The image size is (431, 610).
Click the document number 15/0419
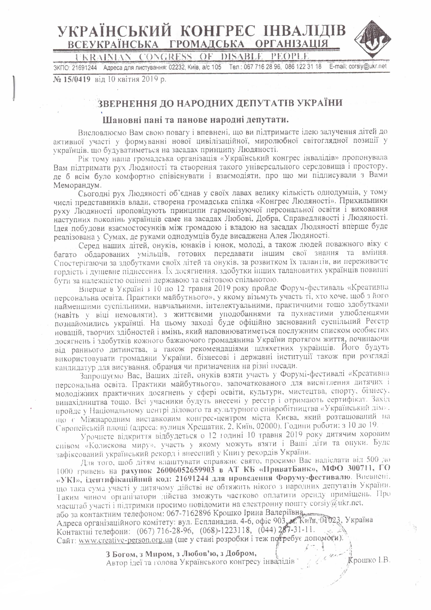76,79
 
